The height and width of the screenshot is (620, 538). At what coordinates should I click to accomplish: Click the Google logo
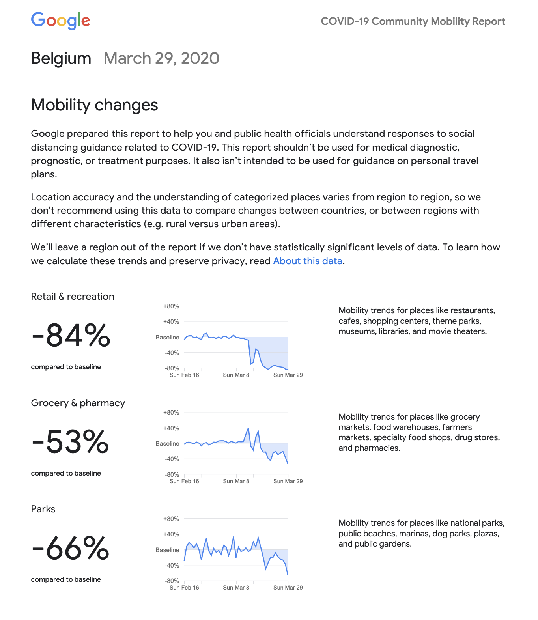tap(60, 21)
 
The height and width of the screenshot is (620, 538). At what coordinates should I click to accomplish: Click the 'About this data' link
tap(307, 261)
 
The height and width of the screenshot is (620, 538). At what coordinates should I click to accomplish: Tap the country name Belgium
tap(61, 58)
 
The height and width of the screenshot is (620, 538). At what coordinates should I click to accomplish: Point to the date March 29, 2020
tap(161, 58)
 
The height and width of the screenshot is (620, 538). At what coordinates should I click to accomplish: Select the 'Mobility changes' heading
tap(94, 105)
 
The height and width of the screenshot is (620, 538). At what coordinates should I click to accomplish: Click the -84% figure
tap(71, 336)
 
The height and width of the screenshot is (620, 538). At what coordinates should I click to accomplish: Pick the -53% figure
tap(70, 442)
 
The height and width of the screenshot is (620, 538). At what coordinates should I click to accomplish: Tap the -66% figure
tap(70, 548)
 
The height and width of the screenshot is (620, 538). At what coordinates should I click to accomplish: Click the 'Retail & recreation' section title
tap(73, 297)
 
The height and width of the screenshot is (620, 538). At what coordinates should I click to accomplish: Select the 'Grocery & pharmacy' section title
tap(78, 403)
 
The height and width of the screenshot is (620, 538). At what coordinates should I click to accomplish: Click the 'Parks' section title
tap(43, 509)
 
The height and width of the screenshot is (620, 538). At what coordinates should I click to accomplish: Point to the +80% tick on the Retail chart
tap(171, 306)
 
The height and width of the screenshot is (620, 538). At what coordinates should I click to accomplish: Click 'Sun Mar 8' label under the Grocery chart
tap(236, 481)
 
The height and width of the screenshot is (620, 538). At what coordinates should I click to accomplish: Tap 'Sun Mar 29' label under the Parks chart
tap(288, 588)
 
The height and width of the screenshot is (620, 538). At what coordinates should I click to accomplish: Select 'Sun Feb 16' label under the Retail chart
tap(184, 375)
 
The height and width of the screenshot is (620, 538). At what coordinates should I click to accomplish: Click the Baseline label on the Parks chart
tap(167, 550)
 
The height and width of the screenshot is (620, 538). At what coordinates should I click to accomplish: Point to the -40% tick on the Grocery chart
tap(172, 459)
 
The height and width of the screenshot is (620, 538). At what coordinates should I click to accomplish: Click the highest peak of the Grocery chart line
tap(248, 428)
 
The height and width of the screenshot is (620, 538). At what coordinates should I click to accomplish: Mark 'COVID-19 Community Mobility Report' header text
tap(413, 21)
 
